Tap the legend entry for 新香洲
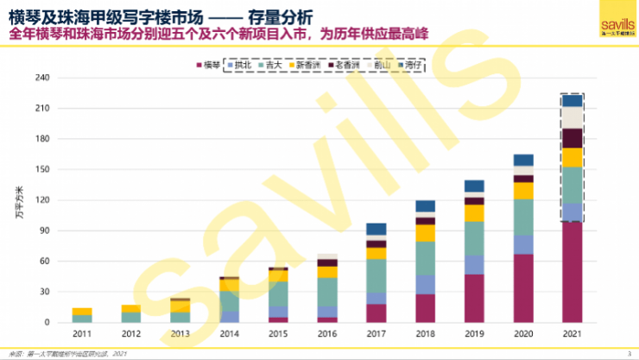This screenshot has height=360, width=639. pos(312,65)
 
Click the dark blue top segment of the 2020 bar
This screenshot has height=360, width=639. pos(522,160)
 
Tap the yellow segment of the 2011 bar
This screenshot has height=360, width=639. pos(82,311)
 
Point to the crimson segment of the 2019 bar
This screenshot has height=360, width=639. pos(474,299)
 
